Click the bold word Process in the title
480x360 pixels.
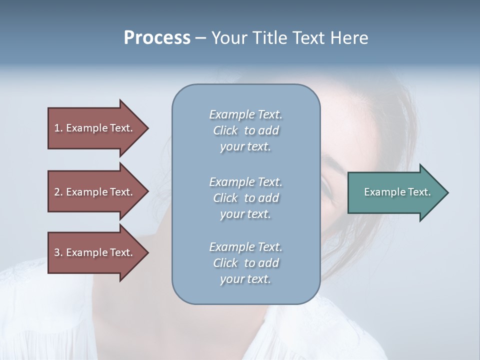[x=157, y=38]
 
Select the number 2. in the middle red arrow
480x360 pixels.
[x=58, y=192]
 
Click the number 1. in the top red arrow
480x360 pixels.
[x=58, y=128]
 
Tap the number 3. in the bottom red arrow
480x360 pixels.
[x=58, y=253]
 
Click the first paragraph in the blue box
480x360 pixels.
[x=245, y=130]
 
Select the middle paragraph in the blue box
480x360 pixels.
[x=245, y=198]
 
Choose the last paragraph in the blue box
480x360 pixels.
[x=245, y=263]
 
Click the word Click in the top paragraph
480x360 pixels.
[x=225, y=130]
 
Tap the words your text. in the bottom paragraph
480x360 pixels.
[x=245, y=279]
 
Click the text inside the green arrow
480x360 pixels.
[x=397, y=192]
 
